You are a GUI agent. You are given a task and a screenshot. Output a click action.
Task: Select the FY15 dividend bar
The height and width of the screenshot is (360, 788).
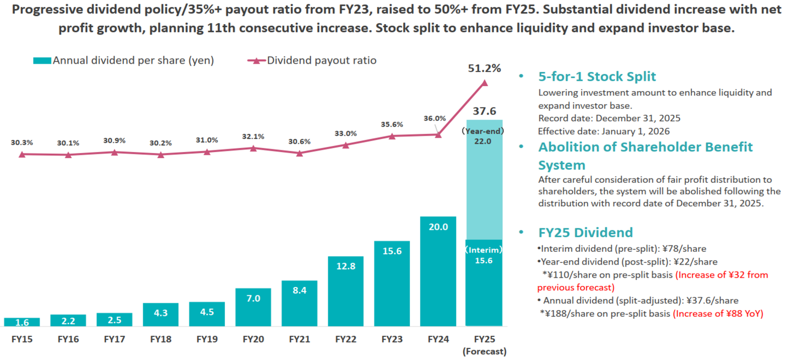pos(21,322)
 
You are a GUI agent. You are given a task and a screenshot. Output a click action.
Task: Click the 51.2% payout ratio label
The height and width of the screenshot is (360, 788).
pos(484,69)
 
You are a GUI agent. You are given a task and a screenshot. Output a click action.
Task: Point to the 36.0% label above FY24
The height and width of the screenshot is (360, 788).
pos(435,118)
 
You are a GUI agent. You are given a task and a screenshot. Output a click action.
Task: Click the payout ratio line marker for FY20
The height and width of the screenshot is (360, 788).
pos(253,148)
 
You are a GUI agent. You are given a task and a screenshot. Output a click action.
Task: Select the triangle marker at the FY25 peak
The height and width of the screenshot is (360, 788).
pos(484,83)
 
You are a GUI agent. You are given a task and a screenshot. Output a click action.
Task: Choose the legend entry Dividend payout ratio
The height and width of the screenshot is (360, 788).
pos(322,60)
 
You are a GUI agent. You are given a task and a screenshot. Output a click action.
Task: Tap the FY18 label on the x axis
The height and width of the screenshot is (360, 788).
pos(160,339)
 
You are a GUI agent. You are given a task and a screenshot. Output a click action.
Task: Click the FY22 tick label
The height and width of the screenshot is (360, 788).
pos(345,339)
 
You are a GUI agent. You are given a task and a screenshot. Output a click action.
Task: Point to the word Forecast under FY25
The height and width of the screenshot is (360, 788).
pos(484,351)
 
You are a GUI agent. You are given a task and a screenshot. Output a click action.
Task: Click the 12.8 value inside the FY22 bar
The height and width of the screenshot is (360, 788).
pos(345,267)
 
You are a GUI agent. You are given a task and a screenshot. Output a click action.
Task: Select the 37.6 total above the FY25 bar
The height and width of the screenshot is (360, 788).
pos(484,111)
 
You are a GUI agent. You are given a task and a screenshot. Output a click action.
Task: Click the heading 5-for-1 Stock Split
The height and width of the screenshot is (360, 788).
pos(597,76)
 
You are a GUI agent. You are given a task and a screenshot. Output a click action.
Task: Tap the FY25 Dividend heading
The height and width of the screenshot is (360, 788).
pos(586,232)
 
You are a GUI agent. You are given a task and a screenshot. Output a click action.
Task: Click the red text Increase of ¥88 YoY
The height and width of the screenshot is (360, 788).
pos(718,314)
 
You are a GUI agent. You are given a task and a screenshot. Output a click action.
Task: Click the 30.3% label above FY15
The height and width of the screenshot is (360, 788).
pos(21,142)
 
